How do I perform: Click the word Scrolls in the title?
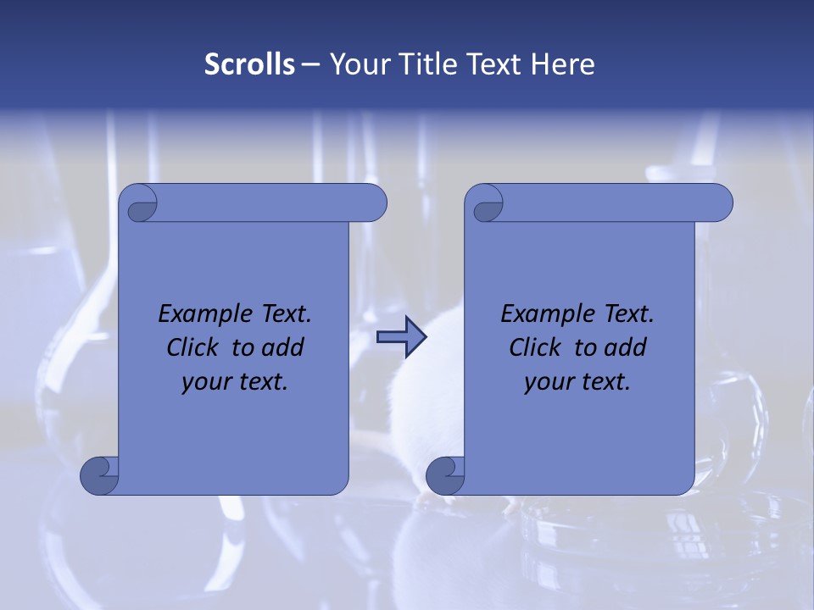click(249, 64)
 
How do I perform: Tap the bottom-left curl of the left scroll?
click(100, 475)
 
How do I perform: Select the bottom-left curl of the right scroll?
click(446, 475)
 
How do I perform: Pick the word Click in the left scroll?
click(192, 348)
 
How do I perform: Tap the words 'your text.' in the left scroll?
click(235, 382)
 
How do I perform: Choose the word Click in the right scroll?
click(534, 348)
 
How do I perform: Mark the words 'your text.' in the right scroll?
click(577, 382)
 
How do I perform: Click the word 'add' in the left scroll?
click(284, 348)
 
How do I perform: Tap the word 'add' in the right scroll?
click(627, 348)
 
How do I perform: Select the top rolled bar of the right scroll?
click(610, 203)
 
